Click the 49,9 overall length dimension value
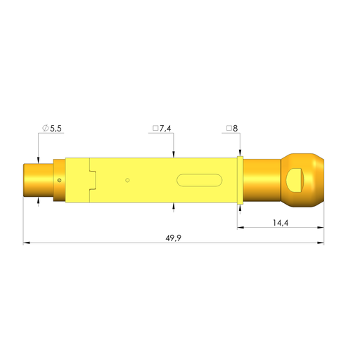point(174,238)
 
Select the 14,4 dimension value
point(281,223)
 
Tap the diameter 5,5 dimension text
point(52,128)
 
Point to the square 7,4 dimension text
point(162,128)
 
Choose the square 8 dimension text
point(232,128)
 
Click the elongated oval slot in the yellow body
point(200,180)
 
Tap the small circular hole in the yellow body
point(127,180)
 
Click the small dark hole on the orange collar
point(60,180)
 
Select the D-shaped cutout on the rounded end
point(295,180)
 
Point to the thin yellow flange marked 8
point(240,180)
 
